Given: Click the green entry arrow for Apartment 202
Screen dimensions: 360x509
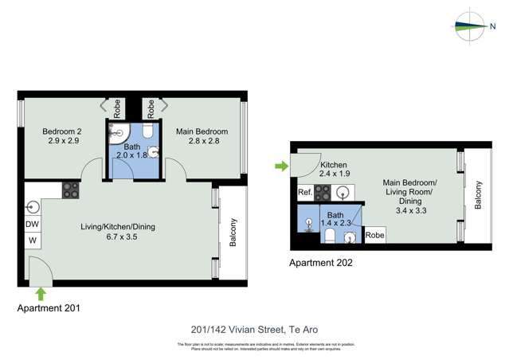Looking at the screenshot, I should (x=280, y=166).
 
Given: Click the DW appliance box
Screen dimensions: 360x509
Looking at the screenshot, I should (x=33, y=225).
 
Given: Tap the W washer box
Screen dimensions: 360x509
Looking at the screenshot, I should (x=33, y=240).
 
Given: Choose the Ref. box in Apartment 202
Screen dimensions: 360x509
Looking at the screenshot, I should (x=305, y=193).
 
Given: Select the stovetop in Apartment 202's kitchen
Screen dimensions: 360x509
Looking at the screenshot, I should (x=323, y=192).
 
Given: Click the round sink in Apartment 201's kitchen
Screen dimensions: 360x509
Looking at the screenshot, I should (x=33, y=207).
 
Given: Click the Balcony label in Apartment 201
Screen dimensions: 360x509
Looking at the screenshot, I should (x=233, y=233).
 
